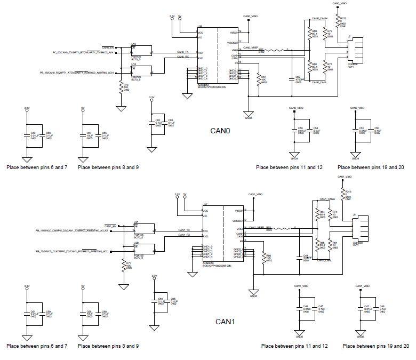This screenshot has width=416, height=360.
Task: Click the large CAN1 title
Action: point(226,322)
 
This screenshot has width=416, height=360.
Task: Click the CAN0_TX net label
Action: point(183,52)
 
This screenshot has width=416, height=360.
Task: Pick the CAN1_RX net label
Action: point(185,235)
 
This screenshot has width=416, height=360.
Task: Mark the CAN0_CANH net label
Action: point(319,19)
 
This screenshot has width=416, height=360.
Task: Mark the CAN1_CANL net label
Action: point(325,261)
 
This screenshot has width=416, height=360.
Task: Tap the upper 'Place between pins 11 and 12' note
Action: point(289,167)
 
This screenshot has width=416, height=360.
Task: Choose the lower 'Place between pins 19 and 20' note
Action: point(376,346)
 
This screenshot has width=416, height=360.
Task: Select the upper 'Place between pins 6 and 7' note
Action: point(37,167)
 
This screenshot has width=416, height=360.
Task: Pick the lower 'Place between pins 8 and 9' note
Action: point(109,346)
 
